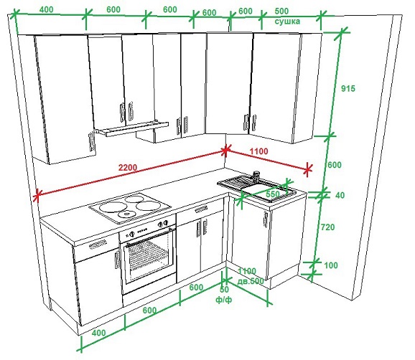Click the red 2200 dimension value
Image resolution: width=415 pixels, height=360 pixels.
click(128, 167)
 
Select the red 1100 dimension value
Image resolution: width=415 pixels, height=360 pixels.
click(259, 151)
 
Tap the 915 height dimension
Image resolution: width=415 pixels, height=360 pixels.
click(348, 88)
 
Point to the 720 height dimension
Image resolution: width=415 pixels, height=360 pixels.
click(327, 227)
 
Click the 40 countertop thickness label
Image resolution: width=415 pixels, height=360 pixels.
click(340, 195)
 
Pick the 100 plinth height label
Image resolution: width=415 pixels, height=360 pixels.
click(331, 265)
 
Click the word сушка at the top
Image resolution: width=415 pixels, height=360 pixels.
click(287, 22)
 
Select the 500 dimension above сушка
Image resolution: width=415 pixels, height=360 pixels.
click(281, 11)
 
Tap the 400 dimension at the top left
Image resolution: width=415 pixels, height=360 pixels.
click(47, 9)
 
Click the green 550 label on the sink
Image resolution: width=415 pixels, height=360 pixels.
click(273, 194)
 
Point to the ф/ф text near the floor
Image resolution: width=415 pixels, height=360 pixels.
click(224, 300)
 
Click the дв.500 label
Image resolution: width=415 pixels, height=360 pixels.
click(251, 281)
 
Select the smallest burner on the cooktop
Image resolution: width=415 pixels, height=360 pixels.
click(126, 214)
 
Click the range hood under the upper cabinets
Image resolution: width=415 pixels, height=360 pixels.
click(132, 128)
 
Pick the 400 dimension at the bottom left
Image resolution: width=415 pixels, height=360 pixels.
click(98, 333)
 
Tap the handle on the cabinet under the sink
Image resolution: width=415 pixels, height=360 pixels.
click(265, 220)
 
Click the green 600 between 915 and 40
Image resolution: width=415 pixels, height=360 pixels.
click(335, 165)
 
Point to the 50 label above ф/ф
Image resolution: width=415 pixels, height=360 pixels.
click(224, 290)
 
